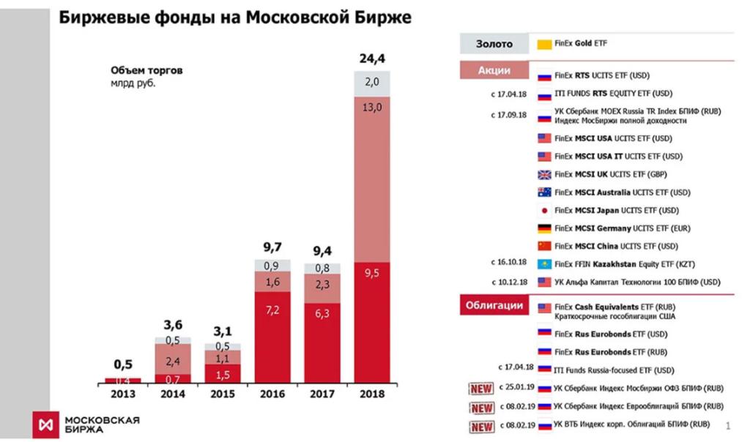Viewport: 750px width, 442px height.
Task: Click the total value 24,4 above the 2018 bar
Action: tap(372, 58)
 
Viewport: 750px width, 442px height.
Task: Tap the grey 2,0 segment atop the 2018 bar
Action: tap(372, 83)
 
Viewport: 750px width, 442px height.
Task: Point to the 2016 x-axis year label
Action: tap(272, 394)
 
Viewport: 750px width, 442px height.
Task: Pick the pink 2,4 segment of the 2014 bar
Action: tap(172, 361)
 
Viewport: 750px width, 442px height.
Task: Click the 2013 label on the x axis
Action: tap(122, 394)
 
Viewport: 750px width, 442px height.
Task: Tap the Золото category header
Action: tap(495, 45)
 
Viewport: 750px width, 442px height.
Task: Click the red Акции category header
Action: tap(495, 71)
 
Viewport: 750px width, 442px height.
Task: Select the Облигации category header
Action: tap(495, 305)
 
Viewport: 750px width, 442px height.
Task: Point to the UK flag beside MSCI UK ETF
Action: tap(544, 175)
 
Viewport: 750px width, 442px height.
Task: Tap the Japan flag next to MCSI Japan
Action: tap(544, 211)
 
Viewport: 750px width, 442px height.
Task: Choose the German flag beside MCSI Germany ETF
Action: tap(544, 228)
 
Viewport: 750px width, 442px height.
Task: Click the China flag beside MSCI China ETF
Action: tap(544, 246)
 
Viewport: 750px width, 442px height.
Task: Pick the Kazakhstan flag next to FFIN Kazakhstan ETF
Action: tap(544, 264)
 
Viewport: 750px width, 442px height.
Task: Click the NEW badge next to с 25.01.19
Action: tap(481, 389)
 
